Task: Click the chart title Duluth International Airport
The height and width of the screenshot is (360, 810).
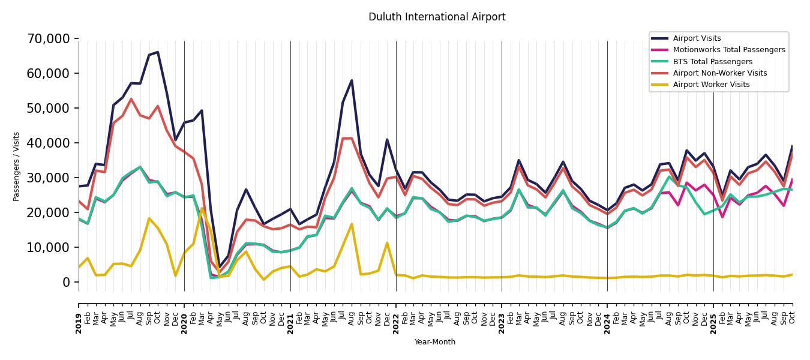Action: [x=437, y=17]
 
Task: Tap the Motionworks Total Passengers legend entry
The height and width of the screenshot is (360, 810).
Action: [x=728, y=50]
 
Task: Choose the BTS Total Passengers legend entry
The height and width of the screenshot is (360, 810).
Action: [x=712, y=62]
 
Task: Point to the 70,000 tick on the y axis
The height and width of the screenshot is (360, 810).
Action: [x=49, y=39]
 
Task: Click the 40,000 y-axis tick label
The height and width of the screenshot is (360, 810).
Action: [x=49, y=143]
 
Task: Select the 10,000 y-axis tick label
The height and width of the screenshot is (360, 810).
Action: [x=49, y=247]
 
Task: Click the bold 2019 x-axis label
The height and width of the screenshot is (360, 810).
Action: [x=79, y=315]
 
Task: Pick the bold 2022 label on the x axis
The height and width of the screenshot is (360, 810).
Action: [x=396, y=315]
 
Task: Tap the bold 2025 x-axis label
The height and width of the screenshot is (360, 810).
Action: [x=713, y=315]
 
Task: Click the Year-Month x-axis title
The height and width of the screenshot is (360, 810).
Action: [x=435, y=342]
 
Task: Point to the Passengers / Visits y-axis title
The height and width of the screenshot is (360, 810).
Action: [x=17, y=166]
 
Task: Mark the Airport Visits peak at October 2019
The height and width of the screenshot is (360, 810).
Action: [x=158, y=52]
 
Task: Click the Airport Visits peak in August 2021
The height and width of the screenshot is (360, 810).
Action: [x=352, y=80]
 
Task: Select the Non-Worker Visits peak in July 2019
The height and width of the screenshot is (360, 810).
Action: [x=131, y=99]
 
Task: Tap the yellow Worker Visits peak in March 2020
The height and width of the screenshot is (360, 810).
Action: [x=202, y=209]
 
